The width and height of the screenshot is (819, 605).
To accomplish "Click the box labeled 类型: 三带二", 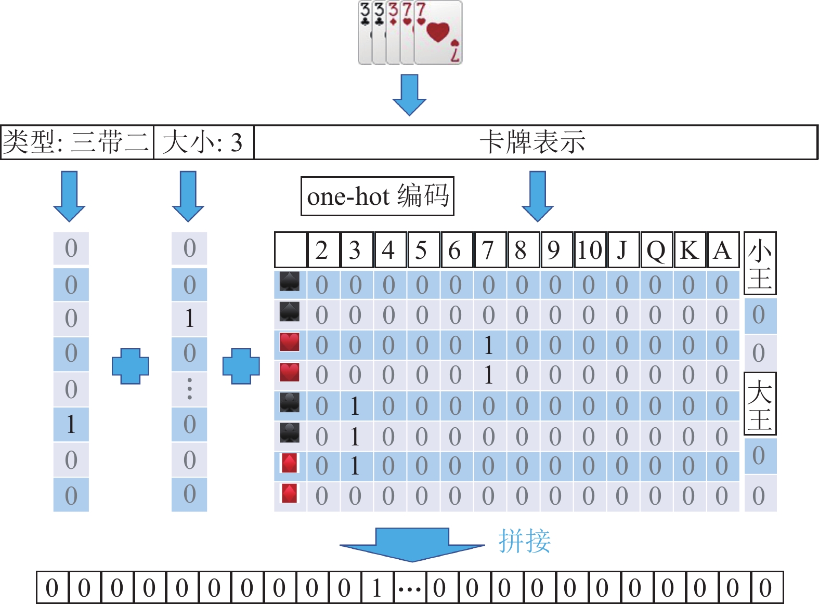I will tap(77, 142).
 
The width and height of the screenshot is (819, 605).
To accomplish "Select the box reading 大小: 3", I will tap(203, 142).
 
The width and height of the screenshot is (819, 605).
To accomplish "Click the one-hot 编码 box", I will tap(378, 196).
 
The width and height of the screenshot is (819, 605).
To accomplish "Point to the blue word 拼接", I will tap(524, 541).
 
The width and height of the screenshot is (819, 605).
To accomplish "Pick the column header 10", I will tap(590, 251).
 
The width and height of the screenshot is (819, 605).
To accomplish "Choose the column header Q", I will tap(656, 251).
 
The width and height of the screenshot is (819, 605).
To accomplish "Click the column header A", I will tap(722, 251).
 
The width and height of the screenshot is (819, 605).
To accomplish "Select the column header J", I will tap(622, 251).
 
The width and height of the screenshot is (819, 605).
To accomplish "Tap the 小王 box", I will tap(760, 264).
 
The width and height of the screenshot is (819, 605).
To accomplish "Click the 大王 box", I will tap(760, 404).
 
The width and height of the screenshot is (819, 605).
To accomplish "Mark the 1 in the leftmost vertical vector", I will tap(71, 425).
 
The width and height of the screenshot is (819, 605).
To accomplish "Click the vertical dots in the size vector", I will tap(189, 389).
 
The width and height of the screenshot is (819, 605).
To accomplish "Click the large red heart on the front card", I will tap(437, 32).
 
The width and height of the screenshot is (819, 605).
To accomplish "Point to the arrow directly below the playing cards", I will tap(409, 94).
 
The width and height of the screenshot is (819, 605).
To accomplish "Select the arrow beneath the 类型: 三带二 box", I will tap(69, 195).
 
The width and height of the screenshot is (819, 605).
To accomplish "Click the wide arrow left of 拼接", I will tap(412, 544).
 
